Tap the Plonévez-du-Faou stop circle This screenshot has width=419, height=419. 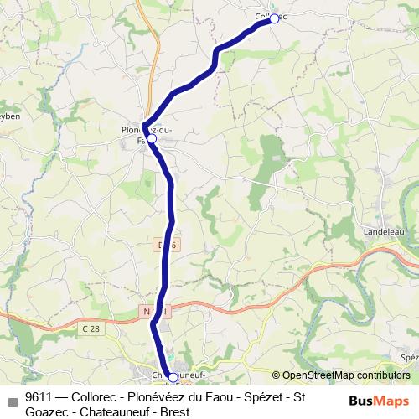[x=152, y=140]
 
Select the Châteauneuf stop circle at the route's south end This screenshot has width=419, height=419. [x=173, y=377]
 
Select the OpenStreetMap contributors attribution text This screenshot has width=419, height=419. [x=345, y=375]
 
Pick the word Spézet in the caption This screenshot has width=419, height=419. [x=262, y=396]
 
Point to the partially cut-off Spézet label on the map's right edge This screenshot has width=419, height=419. [x=410, y=357]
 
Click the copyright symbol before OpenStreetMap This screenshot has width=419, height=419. [x=277, y=375]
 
